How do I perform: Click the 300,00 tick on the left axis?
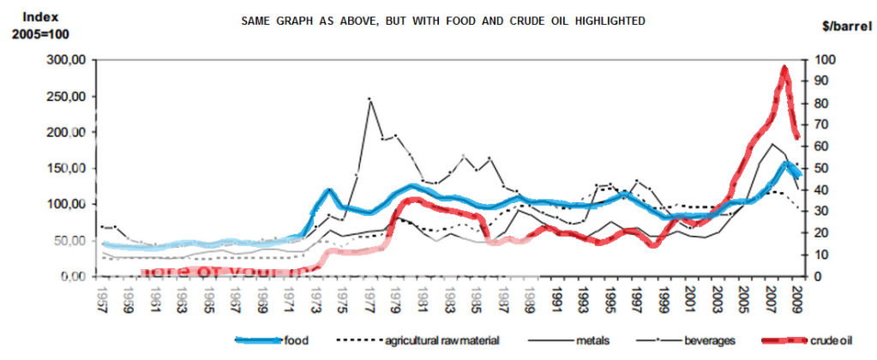(71, 60)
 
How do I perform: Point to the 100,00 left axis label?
(71, 204)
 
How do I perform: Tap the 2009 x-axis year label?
(796, 300)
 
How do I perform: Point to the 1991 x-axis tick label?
(557, 300)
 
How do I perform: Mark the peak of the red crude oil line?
(784, 69)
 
